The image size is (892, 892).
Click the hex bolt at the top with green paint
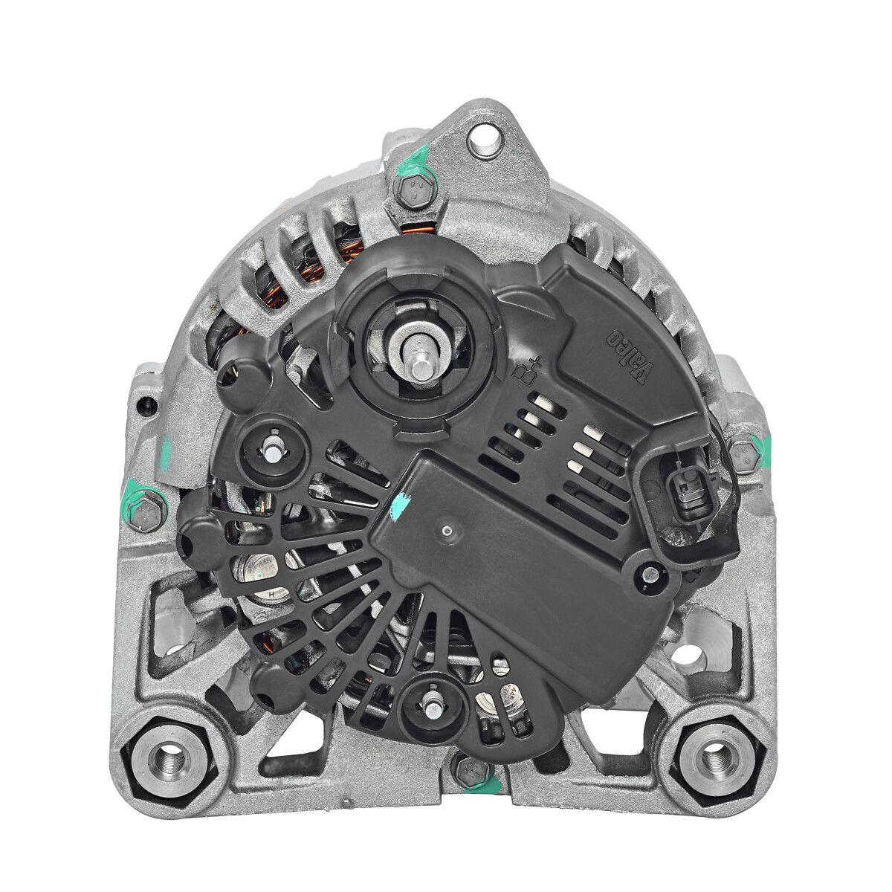(x=407, y=193)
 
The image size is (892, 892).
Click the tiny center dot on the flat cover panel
(x=446, y=531)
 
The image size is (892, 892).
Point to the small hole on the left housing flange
(x=148, y=406)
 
